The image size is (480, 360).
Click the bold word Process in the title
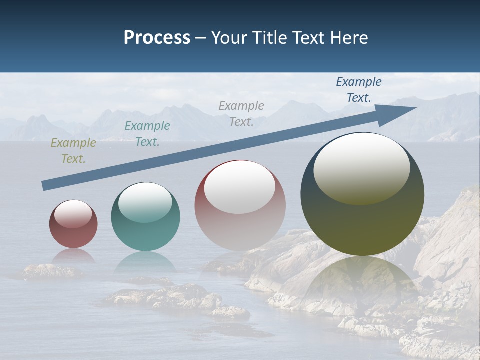click(x=157, y=38)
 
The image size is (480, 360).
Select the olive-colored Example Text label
click(x=73, y=151)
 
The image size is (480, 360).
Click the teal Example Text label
click(x=147, y=134)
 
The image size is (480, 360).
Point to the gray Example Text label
click(x=241, y=113)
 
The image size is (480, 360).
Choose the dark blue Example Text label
click(x=358, y=90)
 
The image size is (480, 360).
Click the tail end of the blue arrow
click(x=44, y=186)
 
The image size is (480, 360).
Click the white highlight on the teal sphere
click(x=145, y=201)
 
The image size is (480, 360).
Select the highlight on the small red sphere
click(x=73, y=213)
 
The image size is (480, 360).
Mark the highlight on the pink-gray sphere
click(x=239, y=186)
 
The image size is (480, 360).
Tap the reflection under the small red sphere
click(x=73, y=255)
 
